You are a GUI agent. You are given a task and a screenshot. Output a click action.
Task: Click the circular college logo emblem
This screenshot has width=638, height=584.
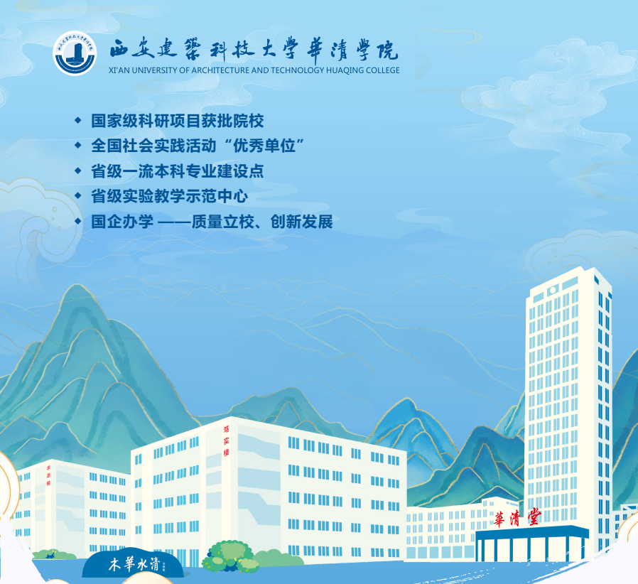(x=75, y=53)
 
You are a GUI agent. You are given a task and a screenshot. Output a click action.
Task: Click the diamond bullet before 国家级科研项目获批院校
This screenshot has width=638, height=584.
(x=78, y=120)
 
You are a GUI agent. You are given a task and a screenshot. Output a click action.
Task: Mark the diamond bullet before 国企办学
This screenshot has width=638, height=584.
(x=78, y=221)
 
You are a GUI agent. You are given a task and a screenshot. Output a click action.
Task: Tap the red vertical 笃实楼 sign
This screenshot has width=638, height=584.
(x=227, y=440)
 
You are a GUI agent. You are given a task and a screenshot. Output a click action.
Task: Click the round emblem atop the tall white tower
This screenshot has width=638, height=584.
(x=552, y=291)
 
